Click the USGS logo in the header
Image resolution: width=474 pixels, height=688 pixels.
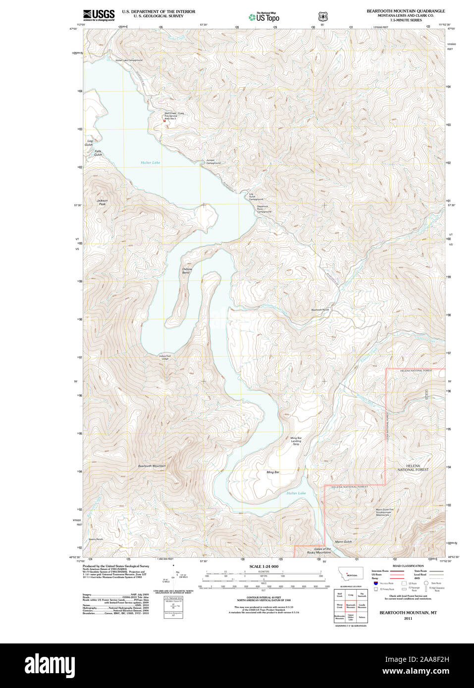click(99, 14)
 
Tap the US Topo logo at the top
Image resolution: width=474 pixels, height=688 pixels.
click(264, 17)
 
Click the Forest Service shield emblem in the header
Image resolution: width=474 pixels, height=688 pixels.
click(322, 17)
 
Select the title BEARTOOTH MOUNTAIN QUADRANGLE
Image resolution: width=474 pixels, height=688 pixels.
click(405, 11)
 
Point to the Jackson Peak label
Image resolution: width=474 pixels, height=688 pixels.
click(102, 202)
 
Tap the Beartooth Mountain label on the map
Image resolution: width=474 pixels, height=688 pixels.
click(152, 466)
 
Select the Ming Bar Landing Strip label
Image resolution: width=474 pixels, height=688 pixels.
click(296, 441)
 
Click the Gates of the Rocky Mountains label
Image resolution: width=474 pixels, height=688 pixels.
click(318, 550)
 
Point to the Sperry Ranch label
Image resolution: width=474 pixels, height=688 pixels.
click(96, 539)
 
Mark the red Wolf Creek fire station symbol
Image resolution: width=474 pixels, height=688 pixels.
click(164, 125)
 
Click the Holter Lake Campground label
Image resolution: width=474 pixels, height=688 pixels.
click(129, 60)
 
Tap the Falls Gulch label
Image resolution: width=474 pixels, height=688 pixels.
click(98, 153)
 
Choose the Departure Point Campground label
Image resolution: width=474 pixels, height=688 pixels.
click(263, 209)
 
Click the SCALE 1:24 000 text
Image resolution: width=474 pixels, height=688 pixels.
click(263, 566)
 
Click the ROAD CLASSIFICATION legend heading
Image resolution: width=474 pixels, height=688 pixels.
click(408, 566)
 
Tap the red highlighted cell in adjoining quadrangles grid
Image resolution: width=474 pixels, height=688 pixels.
click(351, 606)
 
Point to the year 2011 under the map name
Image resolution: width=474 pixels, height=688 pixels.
click(408, 618)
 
